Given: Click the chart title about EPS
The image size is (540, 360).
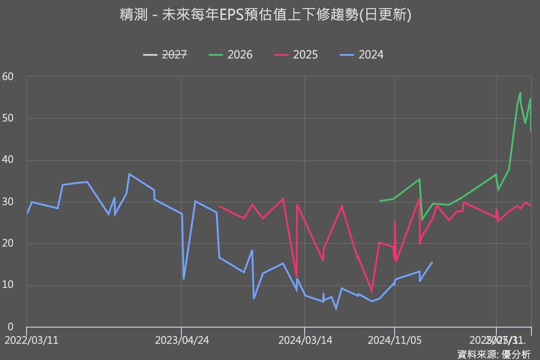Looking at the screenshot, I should click(265, 15).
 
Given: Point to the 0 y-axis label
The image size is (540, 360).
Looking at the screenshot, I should click(10, 327).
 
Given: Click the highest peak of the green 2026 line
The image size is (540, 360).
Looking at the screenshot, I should click(520, 93).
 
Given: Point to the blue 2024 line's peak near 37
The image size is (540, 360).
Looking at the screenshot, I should click(129, 174).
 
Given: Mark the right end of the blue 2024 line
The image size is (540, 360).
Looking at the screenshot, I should click(432, 262).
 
